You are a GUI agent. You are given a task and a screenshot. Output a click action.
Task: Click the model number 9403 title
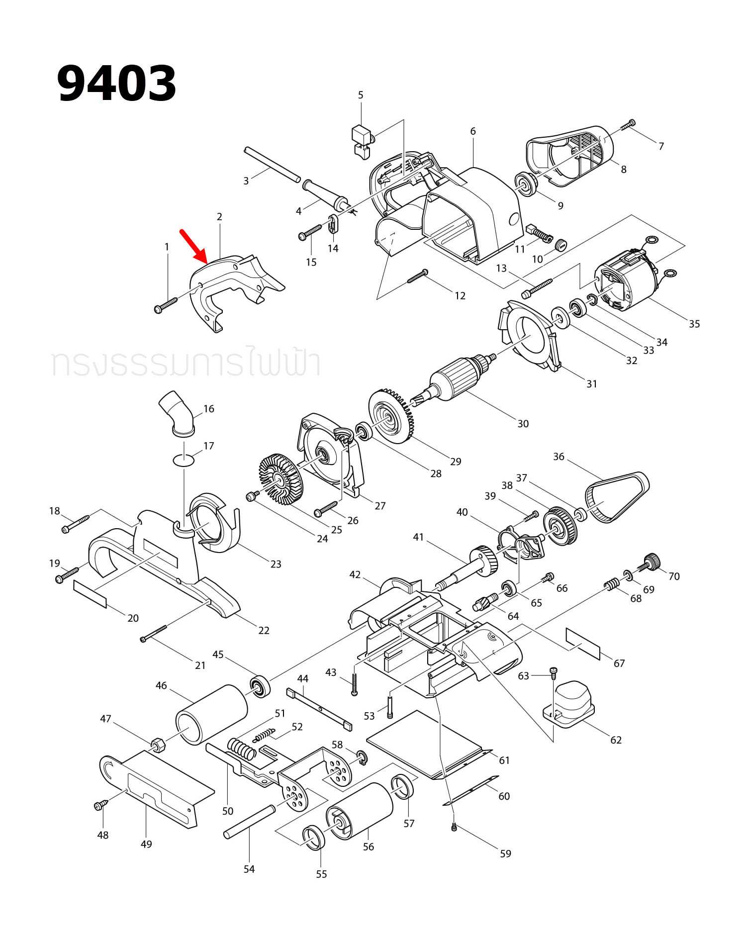(116, 84)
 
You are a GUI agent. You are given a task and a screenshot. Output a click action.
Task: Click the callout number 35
(694, 324)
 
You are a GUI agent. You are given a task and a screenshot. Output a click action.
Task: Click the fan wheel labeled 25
(280, 478)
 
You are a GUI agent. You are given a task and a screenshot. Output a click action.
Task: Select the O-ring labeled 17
(184, 460)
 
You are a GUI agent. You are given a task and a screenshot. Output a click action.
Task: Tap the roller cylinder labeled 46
(211, 715)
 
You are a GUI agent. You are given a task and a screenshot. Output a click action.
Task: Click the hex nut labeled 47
(158, 745)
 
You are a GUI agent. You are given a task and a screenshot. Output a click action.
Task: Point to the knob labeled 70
(651, 562)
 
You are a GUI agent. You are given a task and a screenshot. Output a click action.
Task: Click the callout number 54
(249, 869)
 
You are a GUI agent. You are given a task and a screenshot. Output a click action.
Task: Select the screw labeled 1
(166, 305)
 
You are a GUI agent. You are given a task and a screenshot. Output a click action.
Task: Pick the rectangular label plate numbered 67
(583, 644)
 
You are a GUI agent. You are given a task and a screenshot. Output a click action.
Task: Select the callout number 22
(264, 630)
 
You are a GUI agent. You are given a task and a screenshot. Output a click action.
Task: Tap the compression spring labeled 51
(242, 748)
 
